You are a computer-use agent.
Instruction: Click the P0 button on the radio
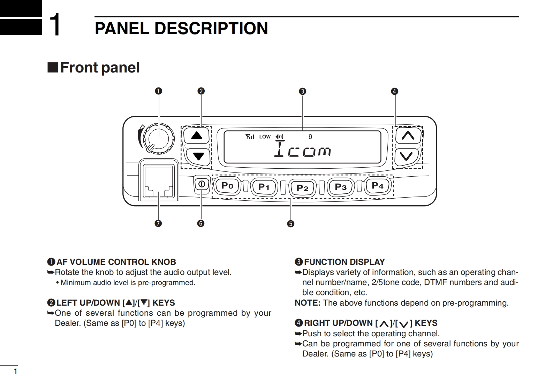(x=227, y=186)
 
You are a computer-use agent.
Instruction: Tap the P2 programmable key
(x=302, y=188)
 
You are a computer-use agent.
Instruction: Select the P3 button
(x=341, y=187)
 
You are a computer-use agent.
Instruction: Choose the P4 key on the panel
(x=378, y=186)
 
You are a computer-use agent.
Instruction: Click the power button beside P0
(x=202, y=184)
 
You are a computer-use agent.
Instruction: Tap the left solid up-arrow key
(x=197, y=136)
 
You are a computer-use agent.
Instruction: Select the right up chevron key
(x=408, y=135)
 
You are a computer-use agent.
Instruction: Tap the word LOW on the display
(x=265, y=137)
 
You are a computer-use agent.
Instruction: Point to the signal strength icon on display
(x=250, y=137)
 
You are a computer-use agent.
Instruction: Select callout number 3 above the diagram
(x=302, y=91)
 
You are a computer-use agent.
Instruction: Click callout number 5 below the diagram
(x=291, y=224)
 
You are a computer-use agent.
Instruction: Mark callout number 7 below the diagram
(x=158, y=223)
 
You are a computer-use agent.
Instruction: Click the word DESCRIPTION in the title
(x=211, y=29)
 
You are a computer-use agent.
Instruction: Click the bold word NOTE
(x=307, y=303)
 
